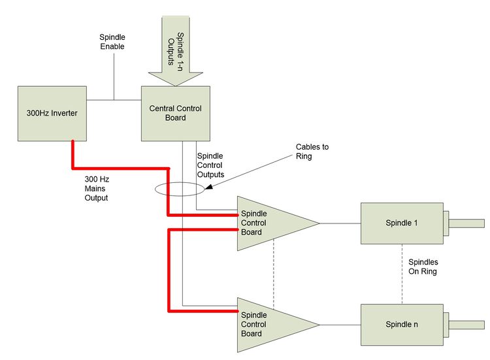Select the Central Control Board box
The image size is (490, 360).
(x=176, y=113)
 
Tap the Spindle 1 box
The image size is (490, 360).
(x=401, y=223)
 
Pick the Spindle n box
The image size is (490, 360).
(x=401, y=325)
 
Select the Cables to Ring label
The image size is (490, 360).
(x=312, y=152)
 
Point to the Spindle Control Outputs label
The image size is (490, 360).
(x=210, y=165)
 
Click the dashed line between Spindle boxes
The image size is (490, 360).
(x=401, y=274)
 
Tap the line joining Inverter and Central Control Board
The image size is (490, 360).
(x=114, y=100)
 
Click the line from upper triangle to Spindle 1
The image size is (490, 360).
(x=340, y=223)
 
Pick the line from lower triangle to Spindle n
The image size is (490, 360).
(x=340, y=325)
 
